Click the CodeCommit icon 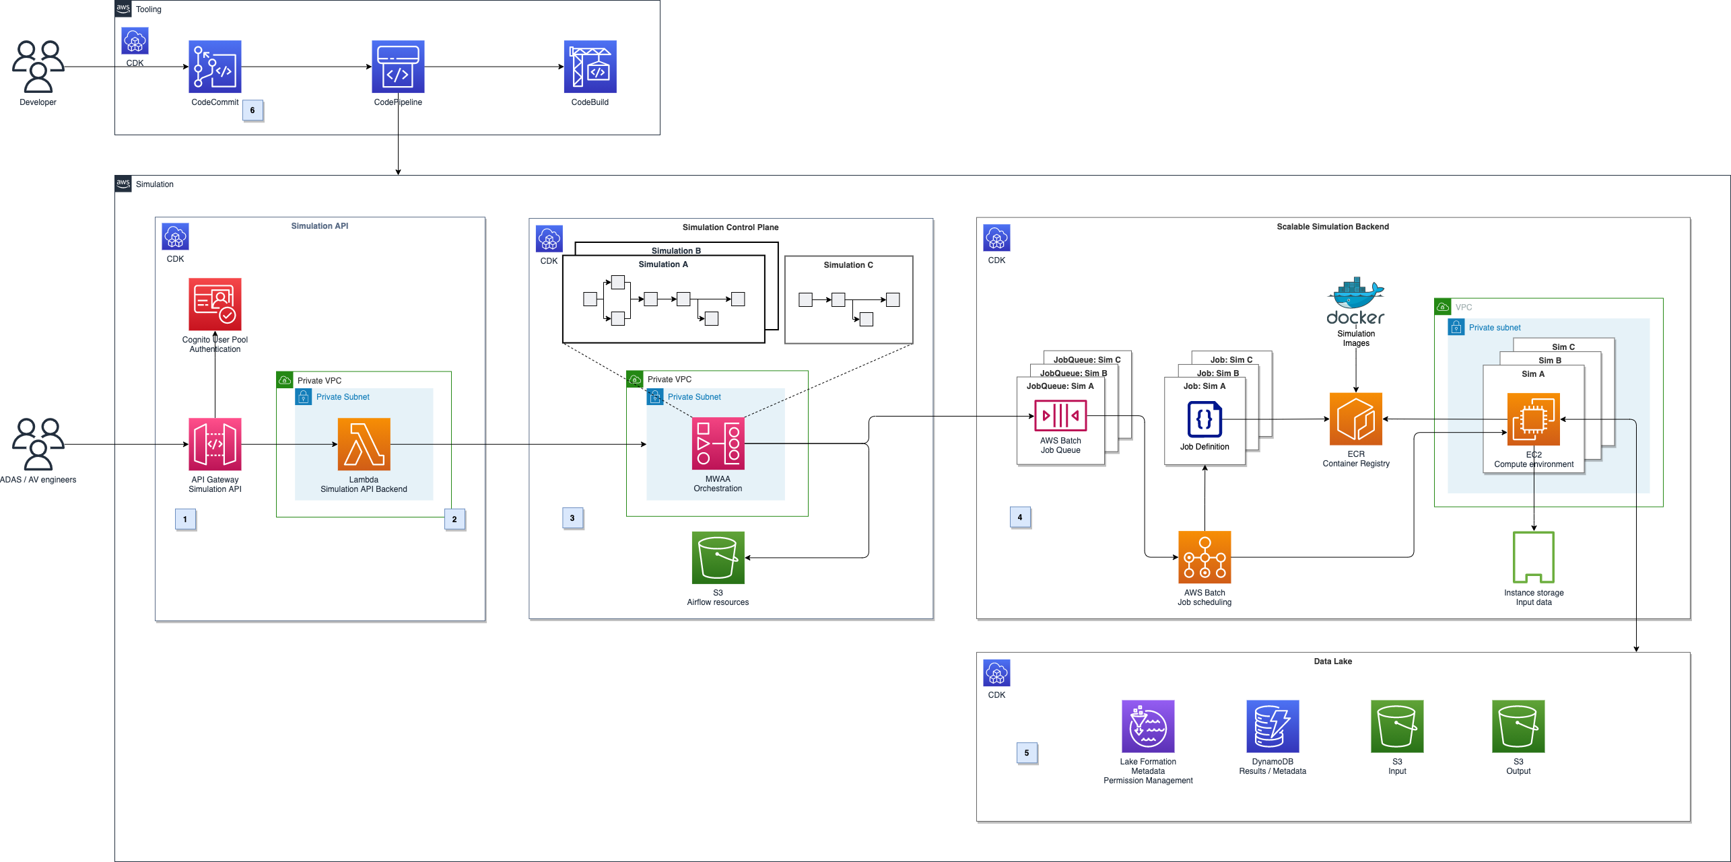coord(215,67)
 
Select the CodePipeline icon coord(398,67)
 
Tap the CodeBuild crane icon coord(590,67)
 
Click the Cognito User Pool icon coord(215,304)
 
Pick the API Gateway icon coord(215,444)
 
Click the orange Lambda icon coord(364,444)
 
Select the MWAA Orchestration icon coord(718,443)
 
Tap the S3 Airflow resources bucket coord(718,558)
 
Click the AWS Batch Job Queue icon coord(1060,415)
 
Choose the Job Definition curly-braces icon coord(1204,419)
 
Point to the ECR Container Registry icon coord(1355,419)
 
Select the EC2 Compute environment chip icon coord(1533,419)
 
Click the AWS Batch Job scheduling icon coord(1204,557)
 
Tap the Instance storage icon coord(1533,557)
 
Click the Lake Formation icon coord(1148,726)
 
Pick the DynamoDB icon coord(1272,726)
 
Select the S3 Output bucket coord(1518,726)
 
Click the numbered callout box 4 coord(1019,517)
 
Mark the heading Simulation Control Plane coord(730,227)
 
